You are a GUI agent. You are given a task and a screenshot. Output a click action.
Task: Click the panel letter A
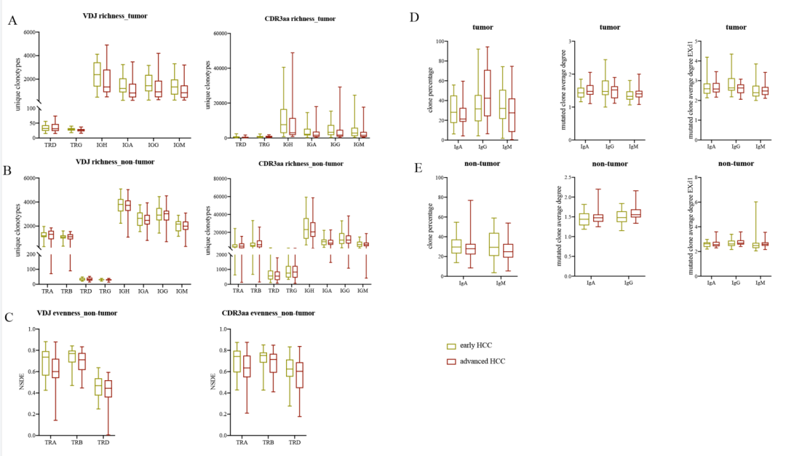(12, 20)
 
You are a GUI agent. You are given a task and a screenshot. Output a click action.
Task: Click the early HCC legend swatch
(451, 346)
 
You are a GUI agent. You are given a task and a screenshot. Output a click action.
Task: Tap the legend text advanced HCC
(487, 361)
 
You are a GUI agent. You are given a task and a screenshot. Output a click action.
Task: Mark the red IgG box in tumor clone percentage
(487, 93)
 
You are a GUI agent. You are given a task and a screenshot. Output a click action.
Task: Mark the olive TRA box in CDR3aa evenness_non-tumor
(236, 361)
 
